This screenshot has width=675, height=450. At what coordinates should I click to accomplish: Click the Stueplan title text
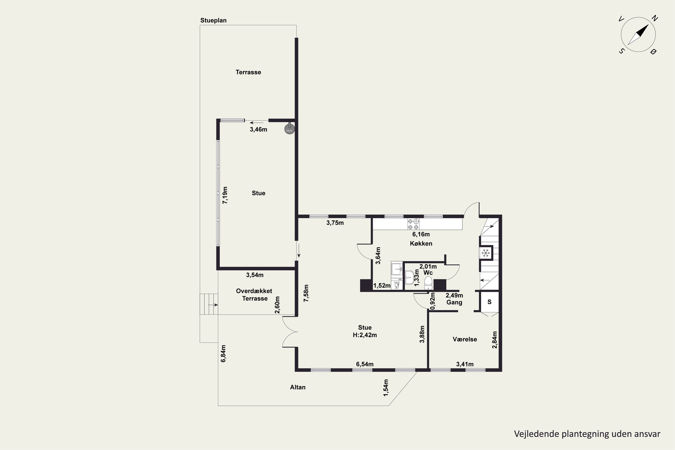[213, 20]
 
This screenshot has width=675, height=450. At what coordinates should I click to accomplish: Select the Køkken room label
[421, 243]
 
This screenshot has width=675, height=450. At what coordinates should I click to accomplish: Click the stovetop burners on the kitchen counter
[413, 224]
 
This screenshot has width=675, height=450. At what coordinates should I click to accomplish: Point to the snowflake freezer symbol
[486, 253]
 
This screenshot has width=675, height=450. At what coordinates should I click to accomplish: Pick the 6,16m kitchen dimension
[421, 234]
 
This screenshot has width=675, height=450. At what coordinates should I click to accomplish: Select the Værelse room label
[465, 339]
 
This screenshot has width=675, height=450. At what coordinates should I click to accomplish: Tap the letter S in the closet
[490, 302]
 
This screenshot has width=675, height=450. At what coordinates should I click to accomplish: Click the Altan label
[298, 387]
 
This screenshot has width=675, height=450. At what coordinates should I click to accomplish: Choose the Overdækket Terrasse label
[254, 295]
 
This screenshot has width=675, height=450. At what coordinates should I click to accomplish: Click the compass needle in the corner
[638, 34]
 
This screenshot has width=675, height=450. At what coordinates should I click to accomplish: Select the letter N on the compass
[655, 18]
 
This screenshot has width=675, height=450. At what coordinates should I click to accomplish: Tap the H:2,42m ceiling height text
[365, 335]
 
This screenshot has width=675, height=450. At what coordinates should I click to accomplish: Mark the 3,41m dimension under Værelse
[465, 364]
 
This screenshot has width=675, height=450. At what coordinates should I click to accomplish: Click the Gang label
[454, 302]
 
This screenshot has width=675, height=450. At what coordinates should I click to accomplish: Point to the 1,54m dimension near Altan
[386, 388]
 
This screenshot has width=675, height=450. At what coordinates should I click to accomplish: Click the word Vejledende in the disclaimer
[536, 434]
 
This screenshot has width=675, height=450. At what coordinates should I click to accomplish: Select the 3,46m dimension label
[259, 129]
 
